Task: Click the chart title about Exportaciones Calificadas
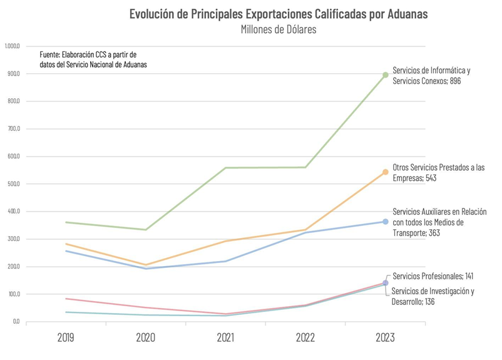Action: (278, 14)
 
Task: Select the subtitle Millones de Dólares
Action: (278, 29)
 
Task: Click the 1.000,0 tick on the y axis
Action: (13, 46)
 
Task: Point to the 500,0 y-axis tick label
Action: (14, 184)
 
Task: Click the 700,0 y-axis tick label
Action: (14, 129)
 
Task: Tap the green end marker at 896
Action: (386, 75)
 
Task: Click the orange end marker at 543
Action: (386, 172)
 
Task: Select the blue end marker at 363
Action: (386, 222)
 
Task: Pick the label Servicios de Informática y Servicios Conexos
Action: (431, 76)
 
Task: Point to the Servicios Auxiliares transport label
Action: (439, 222)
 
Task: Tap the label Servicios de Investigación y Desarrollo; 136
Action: (433, 296)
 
